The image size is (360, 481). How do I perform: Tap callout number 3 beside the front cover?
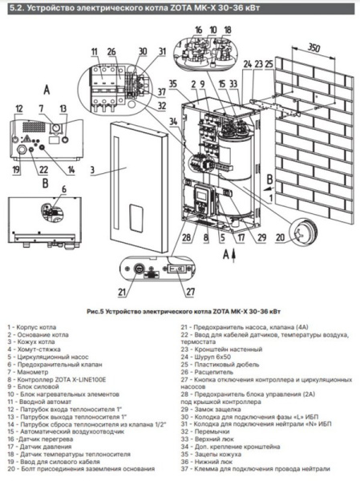tap(92, 170)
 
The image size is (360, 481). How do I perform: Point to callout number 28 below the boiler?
tap(185, 238)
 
